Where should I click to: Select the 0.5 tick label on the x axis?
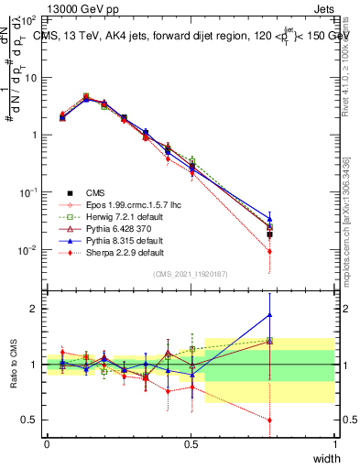[191, 444]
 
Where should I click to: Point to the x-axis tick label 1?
[334, 444]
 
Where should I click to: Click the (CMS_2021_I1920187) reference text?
[191, 274]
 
